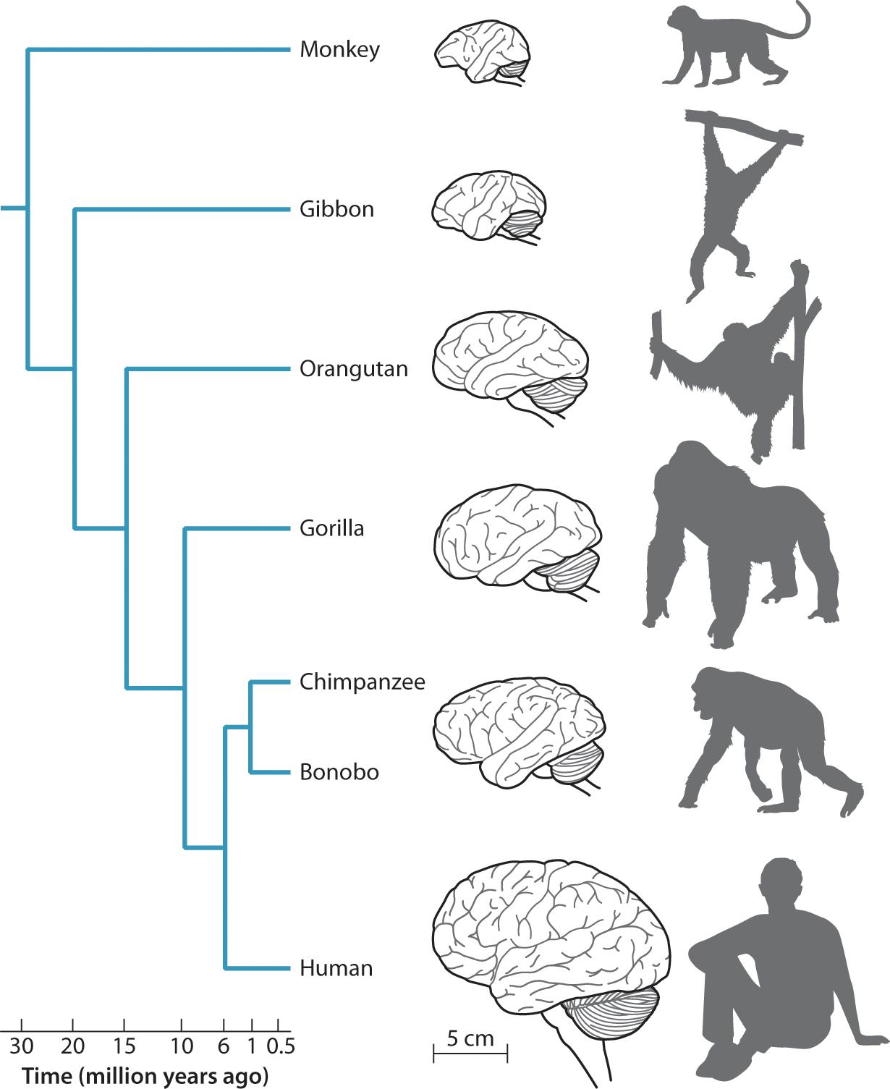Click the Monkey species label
point(339,50)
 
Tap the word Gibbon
point(336,209)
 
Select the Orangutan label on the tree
point(353,369)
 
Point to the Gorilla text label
point(331,528)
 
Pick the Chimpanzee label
point(362,682)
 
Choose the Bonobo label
point(339,772)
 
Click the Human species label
point(336,968)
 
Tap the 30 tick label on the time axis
point(22,1046)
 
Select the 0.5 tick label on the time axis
point(281,1046)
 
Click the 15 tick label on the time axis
point(124,1046)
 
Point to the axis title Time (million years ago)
point(145,1076)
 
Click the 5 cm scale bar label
point(470,1038)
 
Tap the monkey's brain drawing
point(482,54)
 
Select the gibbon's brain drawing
point(488,205)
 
